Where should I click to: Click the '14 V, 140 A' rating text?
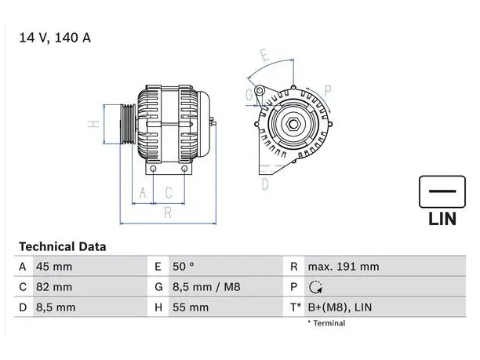pos(55,38)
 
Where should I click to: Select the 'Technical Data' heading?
pos(63,246)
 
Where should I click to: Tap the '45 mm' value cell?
pos(54,267)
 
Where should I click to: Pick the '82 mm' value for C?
pos(54,287)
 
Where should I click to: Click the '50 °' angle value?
pos(183,267)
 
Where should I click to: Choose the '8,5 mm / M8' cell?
pos(206,287)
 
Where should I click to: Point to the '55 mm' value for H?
pos(191,307)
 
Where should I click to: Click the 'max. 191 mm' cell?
pos(344,267)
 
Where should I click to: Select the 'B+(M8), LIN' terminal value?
pos(340,307)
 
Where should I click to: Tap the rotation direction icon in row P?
pos(315,287)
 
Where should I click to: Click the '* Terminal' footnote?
pos(326,323)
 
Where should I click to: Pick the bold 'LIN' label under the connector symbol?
pos(442,219)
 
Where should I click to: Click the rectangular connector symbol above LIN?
pos(442,192)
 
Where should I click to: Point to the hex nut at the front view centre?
pos(293,124)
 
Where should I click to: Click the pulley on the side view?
pos(128,124)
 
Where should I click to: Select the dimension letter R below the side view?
pos(168,213)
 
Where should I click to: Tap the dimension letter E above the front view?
pos(265,55)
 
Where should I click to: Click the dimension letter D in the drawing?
pos(265,184)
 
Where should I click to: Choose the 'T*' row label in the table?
pos(296,307)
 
